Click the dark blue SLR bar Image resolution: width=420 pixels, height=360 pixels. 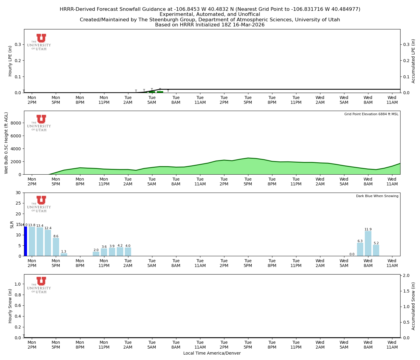point(25,241)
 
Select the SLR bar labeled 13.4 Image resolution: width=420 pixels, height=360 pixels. point(40,242)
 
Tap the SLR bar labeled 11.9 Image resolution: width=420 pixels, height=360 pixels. point(368,243)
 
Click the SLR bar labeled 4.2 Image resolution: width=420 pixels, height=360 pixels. point(120,252)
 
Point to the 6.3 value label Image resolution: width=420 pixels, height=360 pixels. point(360,241)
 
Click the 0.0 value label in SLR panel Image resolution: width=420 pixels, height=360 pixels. point(352,254)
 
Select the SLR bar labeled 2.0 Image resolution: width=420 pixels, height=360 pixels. point(96,254)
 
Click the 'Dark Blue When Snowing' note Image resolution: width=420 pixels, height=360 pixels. point(377,196)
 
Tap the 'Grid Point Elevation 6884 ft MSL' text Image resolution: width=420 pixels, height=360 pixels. point(371,114)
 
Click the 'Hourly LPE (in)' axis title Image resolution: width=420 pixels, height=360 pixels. point(10,61)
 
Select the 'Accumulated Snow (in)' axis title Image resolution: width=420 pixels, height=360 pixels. point(413,306)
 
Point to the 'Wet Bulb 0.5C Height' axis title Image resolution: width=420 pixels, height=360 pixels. point(6,143)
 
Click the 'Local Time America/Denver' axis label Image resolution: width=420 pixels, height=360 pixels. point(212,353)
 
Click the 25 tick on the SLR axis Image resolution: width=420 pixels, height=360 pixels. point(19,203)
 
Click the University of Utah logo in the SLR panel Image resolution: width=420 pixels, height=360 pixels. point(39,204)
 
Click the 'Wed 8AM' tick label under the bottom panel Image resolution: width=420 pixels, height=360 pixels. point(368,345)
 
